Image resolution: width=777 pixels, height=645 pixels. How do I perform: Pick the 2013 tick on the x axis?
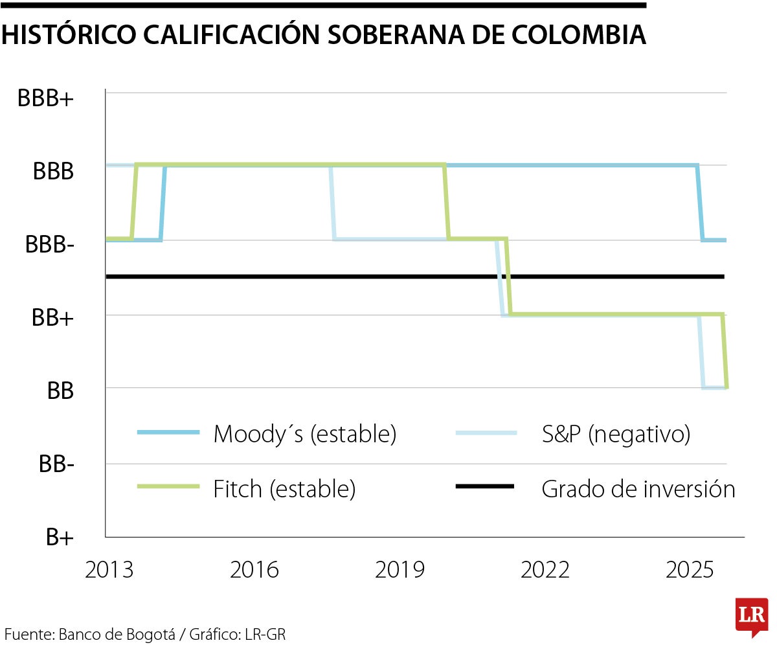tap(109, 571)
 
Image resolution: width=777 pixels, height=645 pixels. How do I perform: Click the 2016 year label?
tap(254, 571)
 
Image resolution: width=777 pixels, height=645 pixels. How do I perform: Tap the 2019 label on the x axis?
tap(400, 571)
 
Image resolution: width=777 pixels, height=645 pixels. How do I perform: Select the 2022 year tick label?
tap(545, 571)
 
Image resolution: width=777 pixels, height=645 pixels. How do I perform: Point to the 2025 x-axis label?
tap(690, 571)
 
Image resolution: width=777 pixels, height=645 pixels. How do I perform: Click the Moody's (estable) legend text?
tap(304, 434)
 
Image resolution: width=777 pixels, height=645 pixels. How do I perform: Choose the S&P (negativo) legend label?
tap(616, 434)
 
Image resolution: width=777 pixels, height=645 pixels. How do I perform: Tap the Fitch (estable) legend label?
tap(284, 489)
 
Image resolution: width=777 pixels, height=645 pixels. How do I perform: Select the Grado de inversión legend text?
tap(638, 489)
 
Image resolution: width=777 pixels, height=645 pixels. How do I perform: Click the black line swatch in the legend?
tap(485, 486)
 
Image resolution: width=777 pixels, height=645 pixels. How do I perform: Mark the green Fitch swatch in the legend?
tap(168, 486)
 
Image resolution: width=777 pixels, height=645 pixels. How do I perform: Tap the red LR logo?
tap(751, 616)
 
